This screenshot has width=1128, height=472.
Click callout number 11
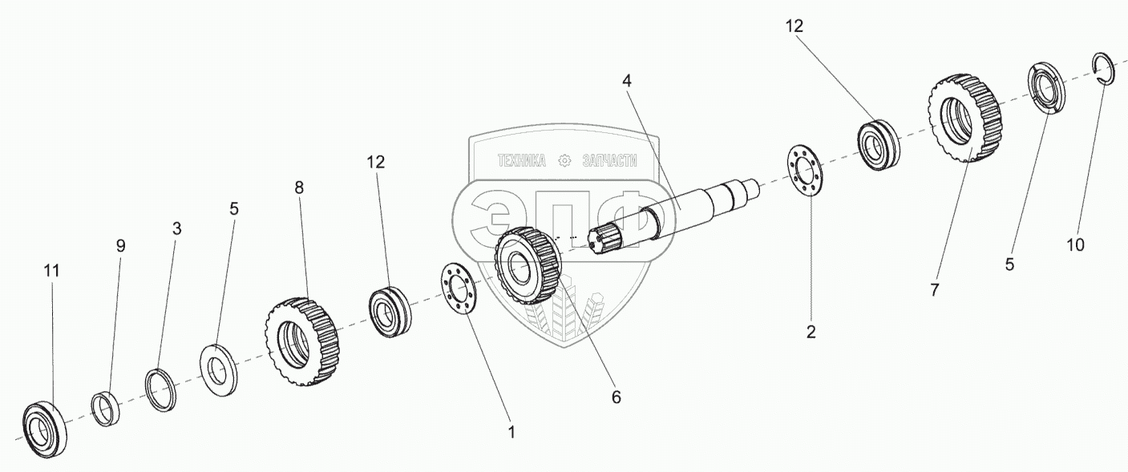[x=51, y=271]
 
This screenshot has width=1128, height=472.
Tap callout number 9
[x=121, y=246]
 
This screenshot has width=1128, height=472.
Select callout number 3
[x=177, y=228]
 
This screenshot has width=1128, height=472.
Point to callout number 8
[x=299, y=188]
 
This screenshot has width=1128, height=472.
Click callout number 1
[x=511, y=432]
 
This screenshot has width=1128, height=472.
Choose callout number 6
[x=616, y=396]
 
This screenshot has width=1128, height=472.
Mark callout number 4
[x=627, y=80]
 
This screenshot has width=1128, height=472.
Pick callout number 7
[x=934, y=290]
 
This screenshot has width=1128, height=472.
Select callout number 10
[x=1075, y=244]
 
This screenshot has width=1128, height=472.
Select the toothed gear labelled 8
[x=300, y=342]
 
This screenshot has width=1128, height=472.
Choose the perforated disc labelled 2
[x=808, y=168]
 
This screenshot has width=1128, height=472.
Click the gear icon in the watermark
[x=564, y=161]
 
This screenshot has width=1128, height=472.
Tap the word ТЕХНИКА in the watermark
[x=521, y=161]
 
